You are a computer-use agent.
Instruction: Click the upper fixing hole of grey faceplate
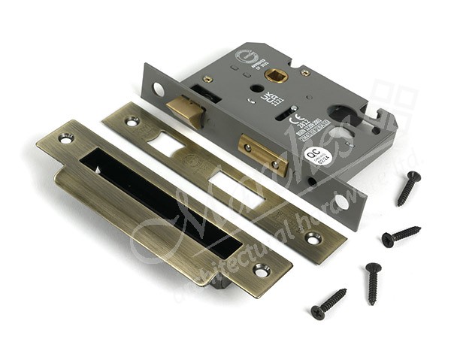[158, 89]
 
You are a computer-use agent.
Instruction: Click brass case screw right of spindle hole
[305, 73]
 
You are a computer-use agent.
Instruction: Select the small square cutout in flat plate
[166, 144]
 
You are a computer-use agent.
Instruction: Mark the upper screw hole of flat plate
[132, 120]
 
